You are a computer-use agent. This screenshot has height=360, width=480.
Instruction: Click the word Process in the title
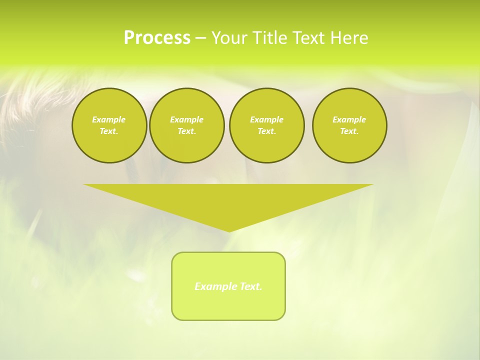pos(157,38)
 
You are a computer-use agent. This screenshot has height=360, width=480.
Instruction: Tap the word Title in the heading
pos(270,38)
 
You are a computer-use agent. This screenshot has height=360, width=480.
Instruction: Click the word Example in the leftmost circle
pos(109,119)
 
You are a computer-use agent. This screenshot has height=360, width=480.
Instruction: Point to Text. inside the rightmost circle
pos(349,131)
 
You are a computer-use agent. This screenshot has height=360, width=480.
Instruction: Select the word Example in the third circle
pos(266,119)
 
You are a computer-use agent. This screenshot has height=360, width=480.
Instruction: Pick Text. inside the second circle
pos(186,131)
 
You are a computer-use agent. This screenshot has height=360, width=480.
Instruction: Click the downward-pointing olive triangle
pos(228,200)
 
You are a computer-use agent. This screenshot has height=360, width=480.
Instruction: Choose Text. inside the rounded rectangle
pos(250,286)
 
